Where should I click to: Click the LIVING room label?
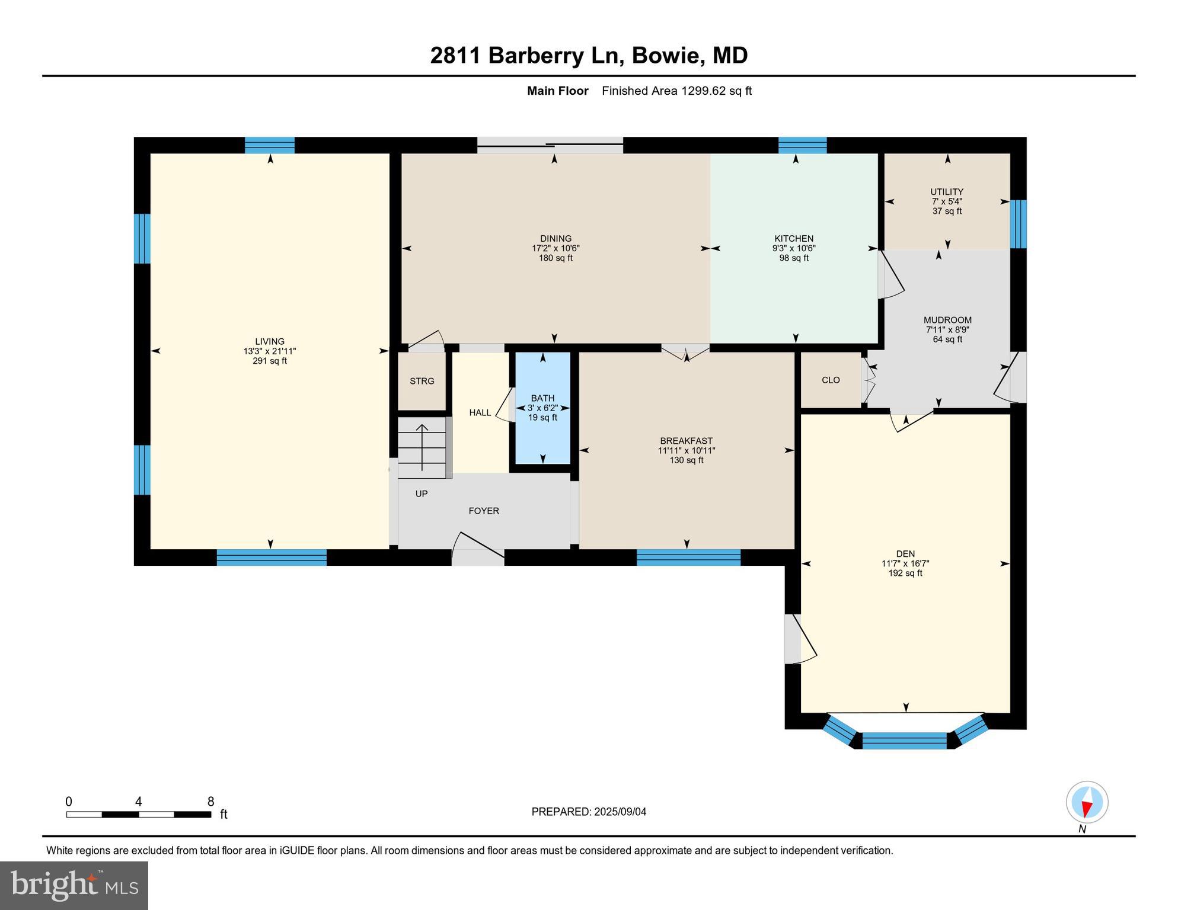click(x=269, y=341)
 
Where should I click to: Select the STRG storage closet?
click(x=422, y=381)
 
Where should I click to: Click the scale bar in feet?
click(x=139, y=814)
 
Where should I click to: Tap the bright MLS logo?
click(x=74, y=885)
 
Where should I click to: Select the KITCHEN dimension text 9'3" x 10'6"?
click(x=793, y=249)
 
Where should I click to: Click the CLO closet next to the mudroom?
click(x=831, y=380)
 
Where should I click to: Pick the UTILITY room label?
click(x=946, y=191)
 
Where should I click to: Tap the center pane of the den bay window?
click(x=904, y=741)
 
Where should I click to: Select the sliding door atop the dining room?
click(x=550, y=145)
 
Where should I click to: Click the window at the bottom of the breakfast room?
click(x=688, y=557)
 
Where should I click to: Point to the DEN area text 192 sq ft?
click(x=905, y=573)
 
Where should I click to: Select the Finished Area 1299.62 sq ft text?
click(x=676, y=91)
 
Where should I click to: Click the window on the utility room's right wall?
click(x=1018, y=224)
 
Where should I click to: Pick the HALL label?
click(x=480, y=412)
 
